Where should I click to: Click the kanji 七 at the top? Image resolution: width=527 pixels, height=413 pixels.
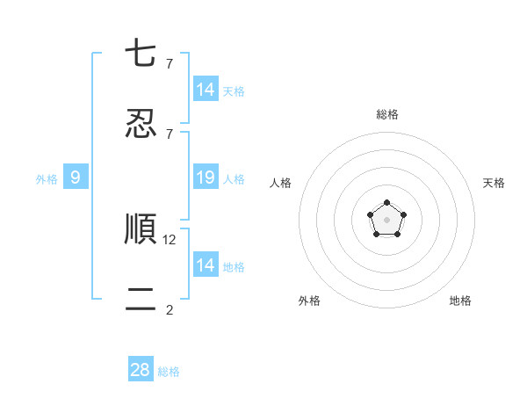pos(141,54)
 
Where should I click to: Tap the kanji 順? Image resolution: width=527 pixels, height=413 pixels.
pos(141,228)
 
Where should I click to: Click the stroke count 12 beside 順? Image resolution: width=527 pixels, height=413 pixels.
pos(170,239)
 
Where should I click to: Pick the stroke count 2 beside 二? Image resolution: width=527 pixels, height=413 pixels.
pos(170,309)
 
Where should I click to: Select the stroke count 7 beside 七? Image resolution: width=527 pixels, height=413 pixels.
pos(170,63)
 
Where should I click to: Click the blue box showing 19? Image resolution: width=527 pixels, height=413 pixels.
pos(206,178)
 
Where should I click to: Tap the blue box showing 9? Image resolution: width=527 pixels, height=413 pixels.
pos(76,178)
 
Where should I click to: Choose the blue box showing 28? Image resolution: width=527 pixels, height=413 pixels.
pos(141,370)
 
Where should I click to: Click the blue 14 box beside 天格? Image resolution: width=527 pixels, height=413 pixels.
pos(206,90)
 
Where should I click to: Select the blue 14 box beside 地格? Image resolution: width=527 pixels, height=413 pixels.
pos(206,265)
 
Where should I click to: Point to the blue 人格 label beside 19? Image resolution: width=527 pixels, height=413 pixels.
pos(234,179)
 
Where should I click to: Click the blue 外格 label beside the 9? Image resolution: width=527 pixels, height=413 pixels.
pos(47,179)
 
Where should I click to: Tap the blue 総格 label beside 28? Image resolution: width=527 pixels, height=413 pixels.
pos(169,372)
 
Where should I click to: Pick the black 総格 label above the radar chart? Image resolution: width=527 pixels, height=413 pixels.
pos(386,114)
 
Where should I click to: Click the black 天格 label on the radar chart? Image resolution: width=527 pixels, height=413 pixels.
pos(495,183)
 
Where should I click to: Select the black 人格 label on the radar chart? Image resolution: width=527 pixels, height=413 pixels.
pos(281,183)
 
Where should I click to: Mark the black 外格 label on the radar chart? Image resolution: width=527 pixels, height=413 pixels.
pos(309,301)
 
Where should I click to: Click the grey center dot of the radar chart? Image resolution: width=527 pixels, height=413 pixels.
pos(386,219)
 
